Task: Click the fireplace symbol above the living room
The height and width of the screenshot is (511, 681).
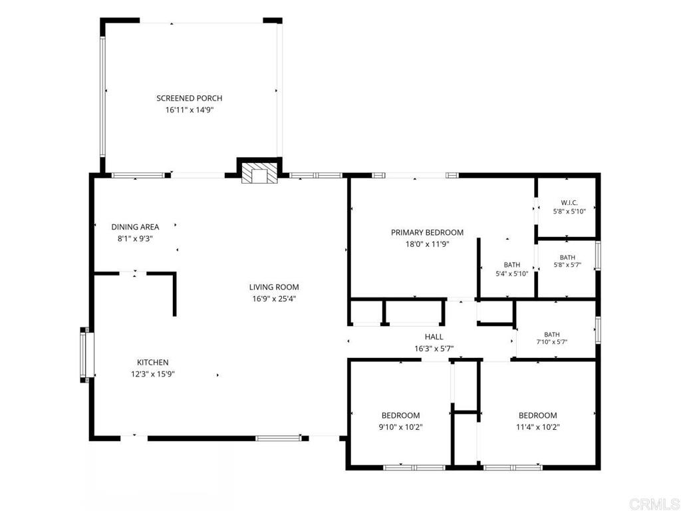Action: (259, 173)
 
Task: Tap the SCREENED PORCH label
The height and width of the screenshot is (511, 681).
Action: (190, 98)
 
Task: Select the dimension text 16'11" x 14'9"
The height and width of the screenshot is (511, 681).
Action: (190, 110)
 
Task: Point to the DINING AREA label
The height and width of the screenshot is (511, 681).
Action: (135, 227)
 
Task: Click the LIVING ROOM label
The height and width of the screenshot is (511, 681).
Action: (274, 287)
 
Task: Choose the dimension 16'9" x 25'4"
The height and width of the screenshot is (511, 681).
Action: (274, 299)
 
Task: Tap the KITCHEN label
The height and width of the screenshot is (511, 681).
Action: (153, 363)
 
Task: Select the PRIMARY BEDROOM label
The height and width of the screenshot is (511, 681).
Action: (427, 232)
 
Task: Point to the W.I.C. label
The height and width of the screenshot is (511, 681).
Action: (569, 203)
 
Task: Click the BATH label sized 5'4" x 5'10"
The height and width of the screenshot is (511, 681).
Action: (511, 265)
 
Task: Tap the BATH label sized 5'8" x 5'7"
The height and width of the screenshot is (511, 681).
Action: (567, 257)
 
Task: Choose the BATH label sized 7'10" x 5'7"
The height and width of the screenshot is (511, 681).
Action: (551, 335)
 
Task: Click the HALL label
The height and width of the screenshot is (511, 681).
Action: (434, 337)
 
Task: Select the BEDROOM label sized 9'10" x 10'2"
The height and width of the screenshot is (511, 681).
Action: (400, 415)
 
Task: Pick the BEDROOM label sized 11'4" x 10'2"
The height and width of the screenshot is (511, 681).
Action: (537, 415)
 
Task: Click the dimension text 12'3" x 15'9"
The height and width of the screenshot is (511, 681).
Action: (153, 374)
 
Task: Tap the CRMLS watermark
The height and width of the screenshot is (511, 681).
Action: (654, 504)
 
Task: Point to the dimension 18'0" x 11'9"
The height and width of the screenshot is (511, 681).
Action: (427, 244)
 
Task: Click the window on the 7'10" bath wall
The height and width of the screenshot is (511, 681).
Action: (598, 330)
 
